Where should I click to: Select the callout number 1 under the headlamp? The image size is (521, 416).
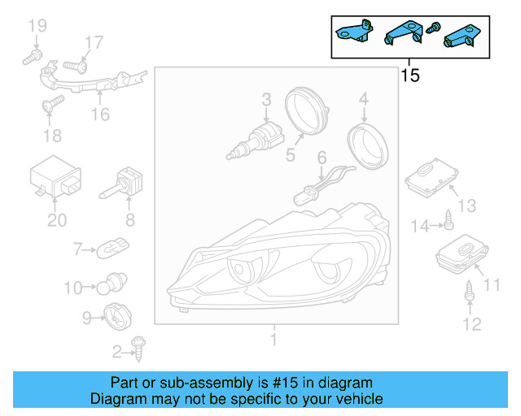(x=274, y=339)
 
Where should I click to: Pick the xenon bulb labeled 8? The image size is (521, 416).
(x=122, y=184)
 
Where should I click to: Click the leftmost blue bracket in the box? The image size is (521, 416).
(x=354, y=32)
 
